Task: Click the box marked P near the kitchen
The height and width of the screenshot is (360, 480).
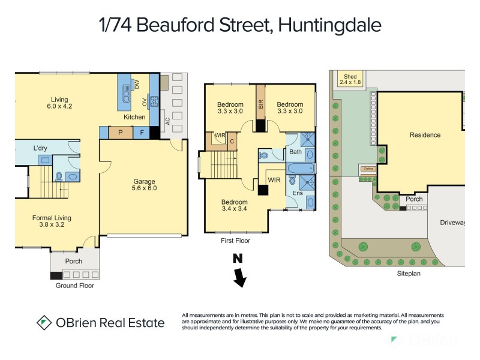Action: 121,133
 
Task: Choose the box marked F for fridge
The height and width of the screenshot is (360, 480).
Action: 142,133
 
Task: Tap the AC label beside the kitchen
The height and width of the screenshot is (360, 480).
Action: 168,121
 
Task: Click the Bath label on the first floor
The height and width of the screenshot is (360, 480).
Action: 295,152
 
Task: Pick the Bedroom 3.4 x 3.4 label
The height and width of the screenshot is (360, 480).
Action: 234,206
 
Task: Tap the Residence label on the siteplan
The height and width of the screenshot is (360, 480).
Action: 425,135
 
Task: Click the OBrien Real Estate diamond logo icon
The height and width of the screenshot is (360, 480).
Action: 44,322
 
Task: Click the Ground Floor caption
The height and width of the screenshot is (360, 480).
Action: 74,286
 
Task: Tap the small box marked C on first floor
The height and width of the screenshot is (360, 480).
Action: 232,141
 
